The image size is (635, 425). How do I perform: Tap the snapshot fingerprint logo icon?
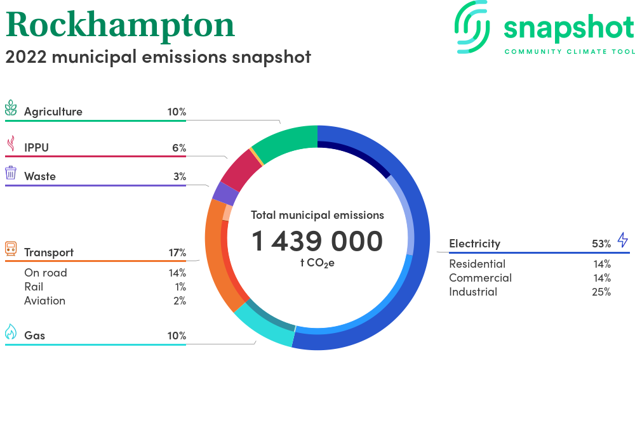coord(472,27)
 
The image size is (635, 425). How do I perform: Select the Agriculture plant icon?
coord(11,108)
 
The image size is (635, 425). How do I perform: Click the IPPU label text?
coord(36,148)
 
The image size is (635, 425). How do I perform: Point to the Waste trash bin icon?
coord(11,173)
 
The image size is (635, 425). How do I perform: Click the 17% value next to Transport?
coord(177,252)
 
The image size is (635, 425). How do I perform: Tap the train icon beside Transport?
coord(11,249)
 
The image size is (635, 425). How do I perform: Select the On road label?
coord(45,273)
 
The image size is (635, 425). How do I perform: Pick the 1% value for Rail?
coord(180,287)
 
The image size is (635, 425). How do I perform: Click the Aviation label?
coord(44,301)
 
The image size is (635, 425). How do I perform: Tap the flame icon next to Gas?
coord(11,332)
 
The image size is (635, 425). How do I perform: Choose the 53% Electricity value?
coord(601,244)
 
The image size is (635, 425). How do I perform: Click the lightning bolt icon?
coord(623,240)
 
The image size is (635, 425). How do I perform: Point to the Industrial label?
coord(473,292)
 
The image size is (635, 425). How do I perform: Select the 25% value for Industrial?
coord(601,292)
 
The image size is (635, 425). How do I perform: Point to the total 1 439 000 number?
coord(317,241)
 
